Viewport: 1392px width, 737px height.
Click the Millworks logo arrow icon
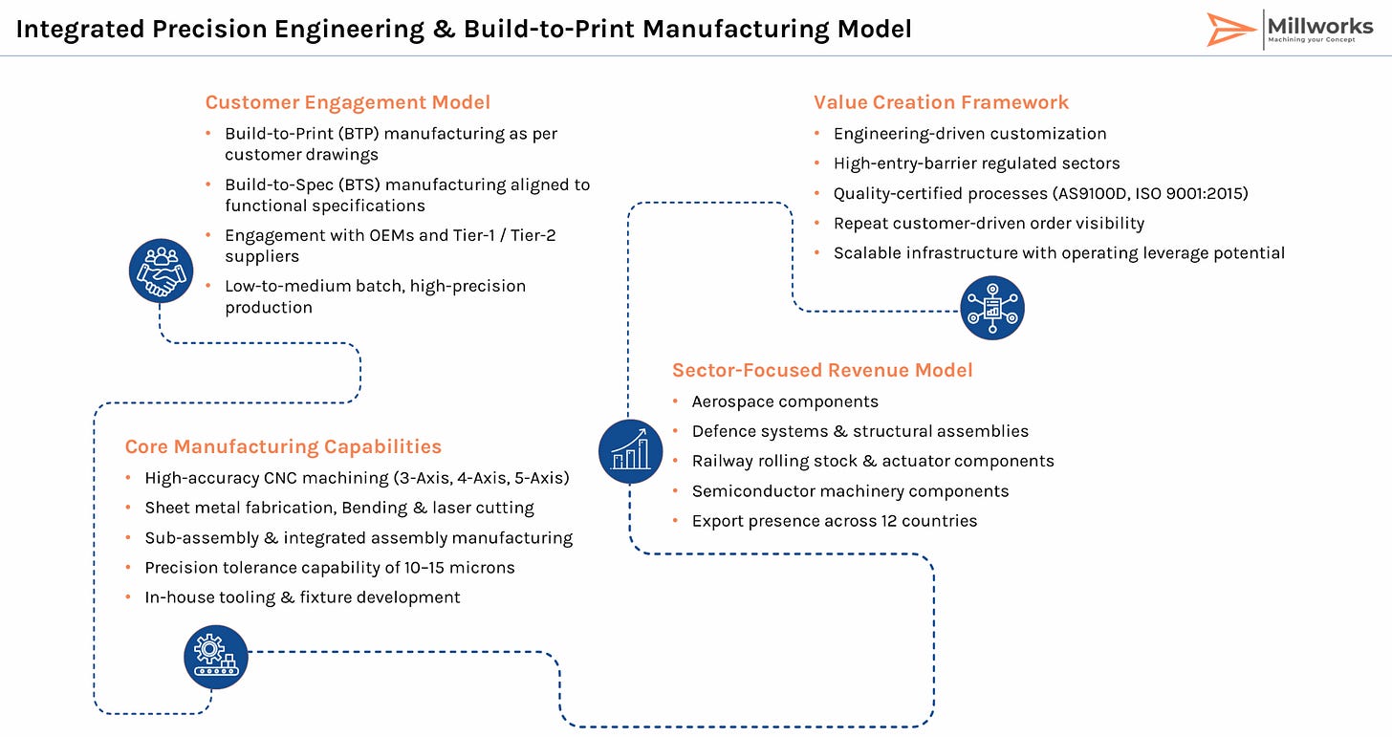(x=1229, y=30)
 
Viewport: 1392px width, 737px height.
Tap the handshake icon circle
(x=161, y=271)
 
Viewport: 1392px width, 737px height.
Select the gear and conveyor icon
(x=216, y=657)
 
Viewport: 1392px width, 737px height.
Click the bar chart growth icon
(x=630, y=452)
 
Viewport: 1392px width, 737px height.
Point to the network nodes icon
(x=992, y=308)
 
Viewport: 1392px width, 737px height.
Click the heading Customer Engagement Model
(x=348, y=102)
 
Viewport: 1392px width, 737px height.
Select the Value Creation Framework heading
(x=941, y=102)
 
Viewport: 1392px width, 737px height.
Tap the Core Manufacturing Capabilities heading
(x=283, y=446)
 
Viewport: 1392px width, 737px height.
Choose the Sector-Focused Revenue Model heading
(x=822, y=370)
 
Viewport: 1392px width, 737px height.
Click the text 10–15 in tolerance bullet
(x=424, y=568)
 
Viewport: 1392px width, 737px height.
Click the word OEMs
(x=391, y=235)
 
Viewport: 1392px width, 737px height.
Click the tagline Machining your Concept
(x=1312, y=40)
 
